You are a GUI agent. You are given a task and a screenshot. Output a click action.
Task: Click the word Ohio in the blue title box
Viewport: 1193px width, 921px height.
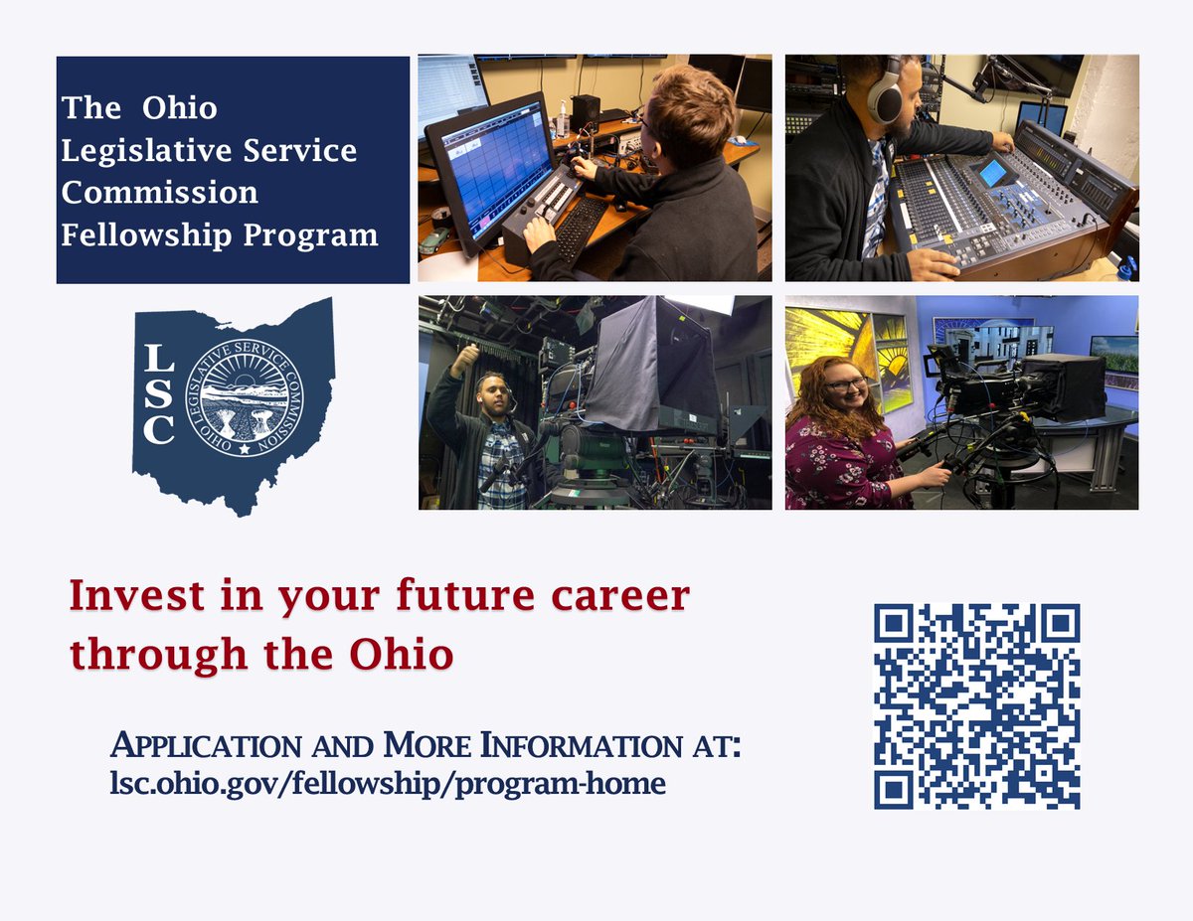[x=179, y=107]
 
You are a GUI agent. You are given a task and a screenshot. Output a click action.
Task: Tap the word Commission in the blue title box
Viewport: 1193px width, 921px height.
[x=159, y=192]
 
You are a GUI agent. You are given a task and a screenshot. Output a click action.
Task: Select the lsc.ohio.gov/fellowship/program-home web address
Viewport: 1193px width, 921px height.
[x=387, y=783]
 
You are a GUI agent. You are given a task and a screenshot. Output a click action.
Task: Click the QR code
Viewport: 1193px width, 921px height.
[x=976, y=705]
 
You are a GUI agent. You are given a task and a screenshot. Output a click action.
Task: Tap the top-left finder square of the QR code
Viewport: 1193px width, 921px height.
[x=895, y=624]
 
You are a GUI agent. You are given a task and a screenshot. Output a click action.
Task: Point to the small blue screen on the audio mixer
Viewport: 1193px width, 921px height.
[x=992, y=173]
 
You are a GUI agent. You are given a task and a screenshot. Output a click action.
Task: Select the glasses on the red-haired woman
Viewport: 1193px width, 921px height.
[x=848, y=384]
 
